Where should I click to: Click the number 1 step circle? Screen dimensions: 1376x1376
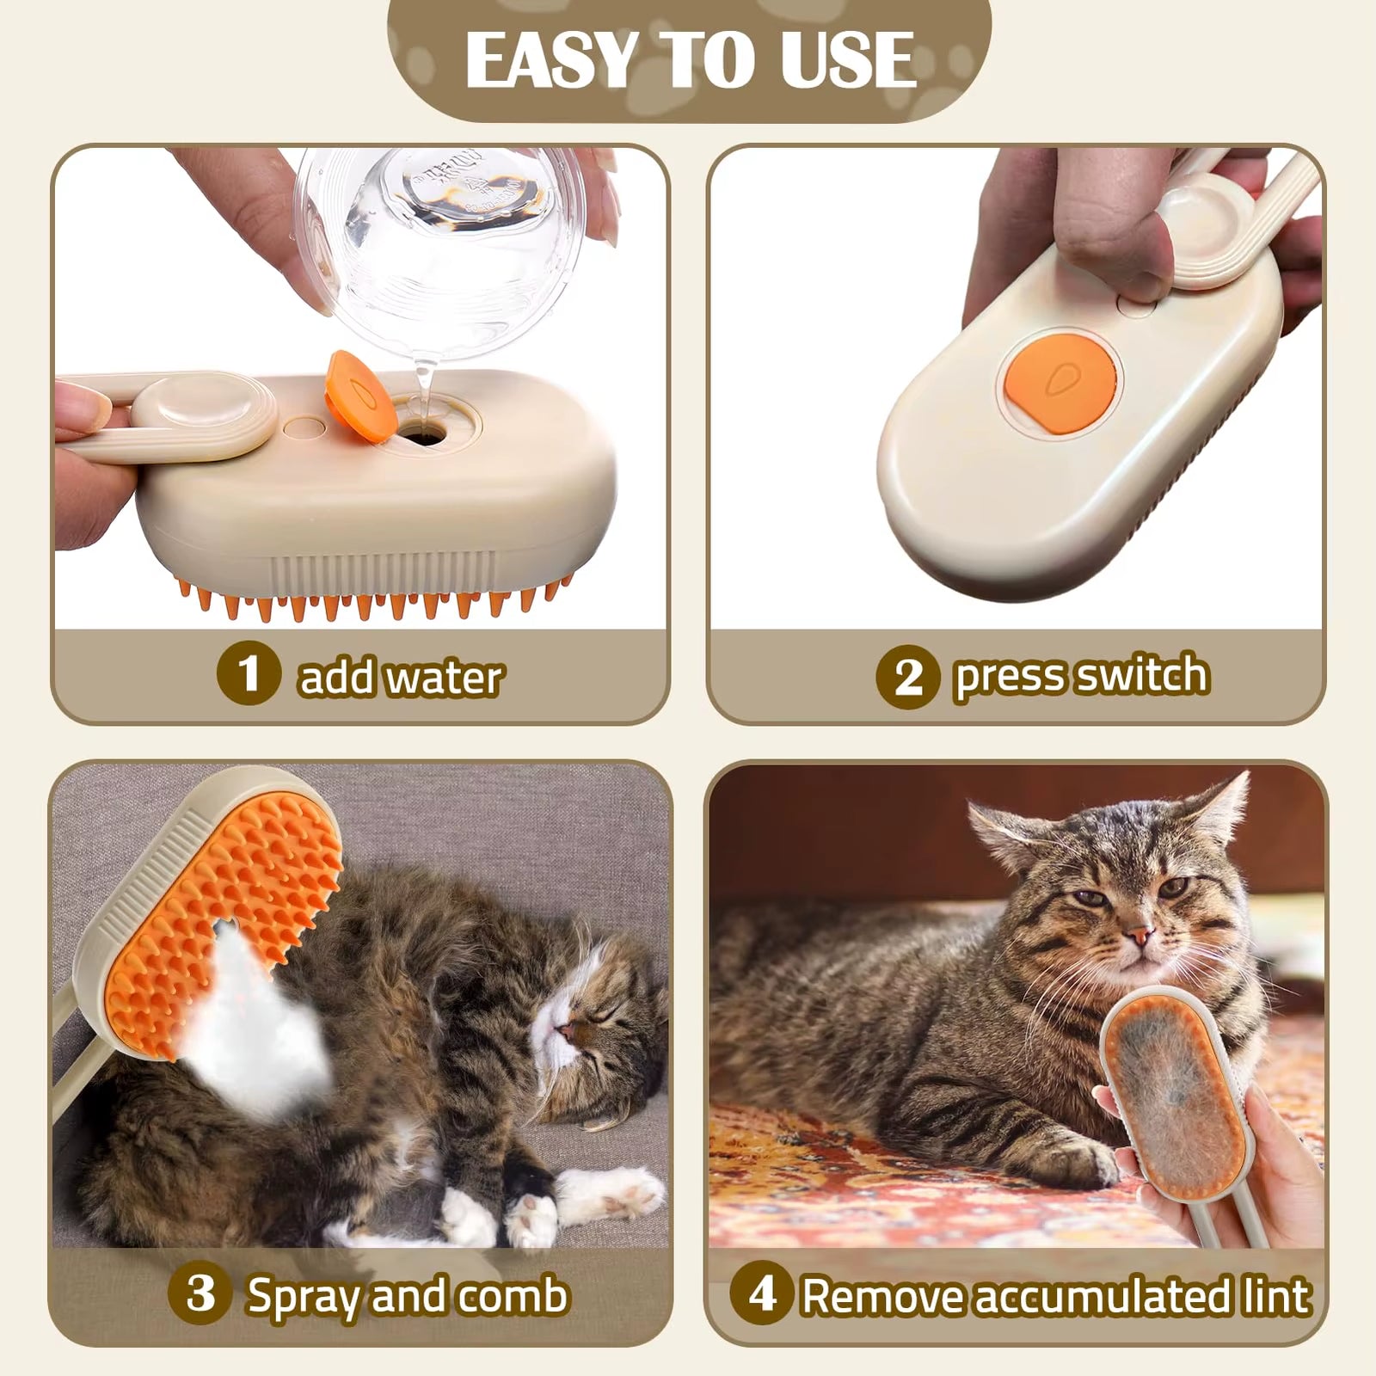(249, 673)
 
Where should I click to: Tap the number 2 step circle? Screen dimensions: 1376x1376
(908, 676)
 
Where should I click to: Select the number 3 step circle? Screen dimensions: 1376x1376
(201, 1292)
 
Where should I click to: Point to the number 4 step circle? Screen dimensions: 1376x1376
(760, 1292)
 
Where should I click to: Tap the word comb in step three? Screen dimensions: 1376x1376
(513, 1295)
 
